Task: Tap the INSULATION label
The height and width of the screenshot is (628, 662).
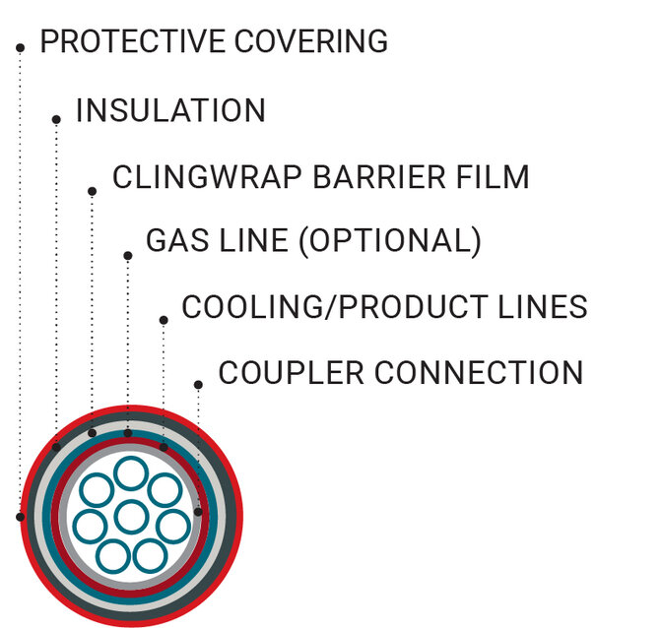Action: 170,110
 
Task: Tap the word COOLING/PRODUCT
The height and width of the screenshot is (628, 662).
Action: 343,307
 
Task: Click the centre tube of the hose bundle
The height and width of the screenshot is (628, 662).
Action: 130,515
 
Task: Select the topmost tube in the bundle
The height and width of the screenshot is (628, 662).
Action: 130,473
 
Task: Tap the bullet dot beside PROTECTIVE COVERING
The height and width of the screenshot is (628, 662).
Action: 20,47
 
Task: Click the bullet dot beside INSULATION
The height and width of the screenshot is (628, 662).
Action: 56,119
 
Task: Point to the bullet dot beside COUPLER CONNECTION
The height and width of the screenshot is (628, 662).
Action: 198,384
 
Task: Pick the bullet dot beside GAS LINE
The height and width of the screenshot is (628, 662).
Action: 127,256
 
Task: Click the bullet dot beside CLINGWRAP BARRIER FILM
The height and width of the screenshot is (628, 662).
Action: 92,191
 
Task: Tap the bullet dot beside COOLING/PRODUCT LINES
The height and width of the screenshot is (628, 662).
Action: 163,319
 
